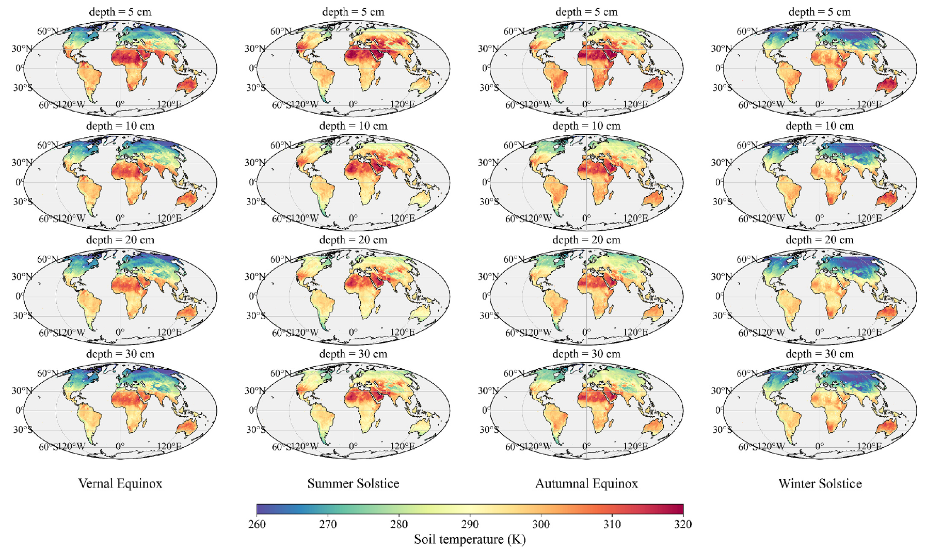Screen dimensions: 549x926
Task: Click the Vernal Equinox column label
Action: [120, 483]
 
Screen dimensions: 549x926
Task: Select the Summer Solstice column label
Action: [353, 483]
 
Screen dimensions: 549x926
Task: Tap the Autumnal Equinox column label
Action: [586, 483]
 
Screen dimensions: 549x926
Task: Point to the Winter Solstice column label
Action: [820, 483]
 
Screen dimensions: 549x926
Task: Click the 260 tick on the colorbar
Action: [257, 524]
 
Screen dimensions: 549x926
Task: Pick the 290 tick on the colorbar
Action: [470, 524]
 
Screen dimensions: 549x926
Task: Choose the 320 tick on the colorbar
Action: [683, 524]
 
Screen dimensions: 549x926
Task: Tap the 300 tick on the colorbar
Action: [541, 524]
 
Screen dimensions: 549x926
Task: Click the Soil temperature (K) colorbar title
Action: [470, 540]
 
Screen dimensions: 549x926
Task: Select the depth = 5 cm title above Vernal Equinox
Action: [120, 12]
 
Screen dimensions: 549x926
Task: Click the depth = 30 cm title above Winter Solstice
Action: [820, 354]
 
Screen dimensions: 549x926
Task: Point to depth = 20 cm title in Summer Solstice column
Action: [353, 240]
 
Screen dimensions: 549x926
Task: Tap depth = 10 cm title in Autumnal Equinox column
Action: [586, 126]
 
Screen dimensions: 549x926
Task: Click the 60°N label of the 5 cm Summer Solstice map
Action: [281, 32]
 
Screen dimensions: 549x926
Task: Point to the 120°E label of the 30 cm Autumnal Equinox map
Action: [635, 446]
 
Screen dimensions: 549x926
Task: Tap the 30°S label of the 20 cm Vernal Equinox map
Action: [23, 316]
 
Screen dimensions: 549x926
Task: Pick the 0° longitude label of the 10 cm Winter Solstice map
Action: [819, 218]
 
